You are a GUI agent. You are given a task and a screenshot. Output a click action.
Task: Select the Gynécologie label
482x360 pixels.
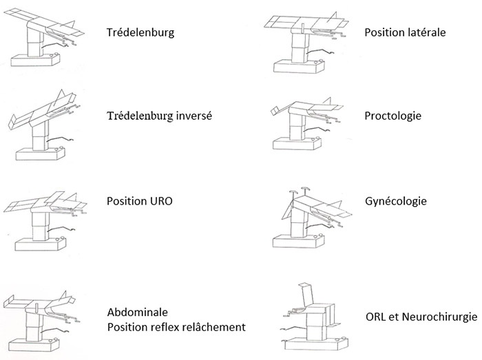[395, 201]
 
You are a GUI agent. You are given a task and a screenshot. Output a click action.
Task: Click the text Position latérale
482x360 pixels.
[405, 32]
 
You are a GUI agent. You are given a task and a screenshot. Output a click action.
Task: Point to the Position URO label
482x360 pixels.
[140, 202]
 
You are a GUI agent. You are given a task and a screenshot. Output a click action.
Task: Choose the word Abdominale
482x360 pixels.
[137, 311]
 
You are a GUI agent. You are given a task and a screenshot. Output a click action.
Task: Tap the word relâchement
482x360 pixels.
[214, 326]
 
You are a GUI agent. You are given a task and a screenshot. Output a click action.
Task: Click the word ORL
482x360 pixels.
[376, 315]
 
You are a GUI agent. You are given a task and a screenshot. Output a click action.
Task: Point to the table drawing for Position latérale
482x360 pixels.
[306, 45]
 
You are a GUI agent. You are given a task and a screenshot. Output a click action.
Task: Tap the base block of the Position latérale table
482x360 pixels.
[297, 68]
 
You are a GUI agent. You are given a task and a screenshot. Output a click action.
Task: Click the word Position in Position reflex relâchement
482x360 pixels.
[127, 326]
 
